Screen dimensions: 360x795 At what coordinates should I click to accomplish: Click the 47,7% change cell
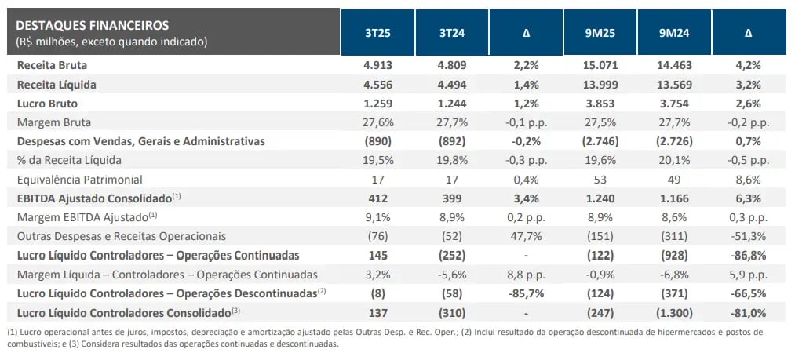point(526,236)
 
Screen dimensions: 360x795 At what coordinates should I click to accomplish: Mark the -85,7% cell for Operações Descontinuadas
point(526,293)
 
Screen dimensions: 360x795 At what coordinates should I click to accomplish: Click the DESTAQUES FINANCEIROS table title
point(92,25)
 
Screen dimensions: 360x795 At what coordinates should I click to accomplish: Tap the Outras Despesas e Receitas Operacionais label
point(115,236)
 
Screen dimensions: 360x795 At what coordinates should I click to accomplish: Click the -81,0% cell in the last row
point(746,312)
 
